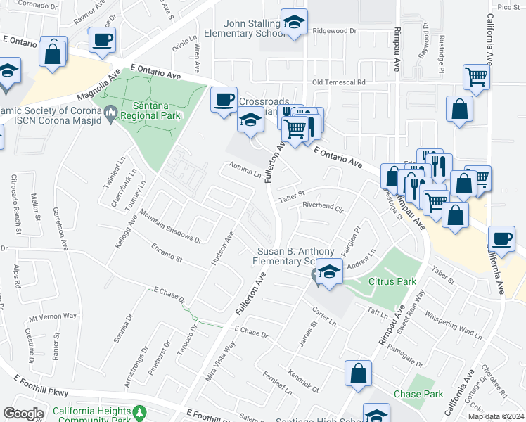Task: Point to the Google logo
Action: (23, 414)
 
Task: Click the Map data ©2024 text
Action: (496, 416)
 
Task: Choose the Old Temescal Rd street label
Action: (339, 82)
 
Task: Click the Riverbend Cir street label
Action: (323, 207)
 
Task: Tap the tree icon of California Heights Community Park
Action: (140, 412)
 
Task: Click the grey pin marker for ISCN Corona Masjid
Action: (110, 112)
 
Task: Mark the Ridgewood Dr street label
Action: (335, 31)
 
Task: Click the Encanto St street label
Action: (167, 253)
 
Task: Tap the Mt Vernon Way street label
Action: (53, 316)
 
